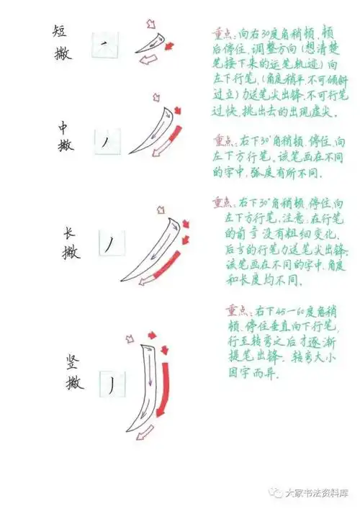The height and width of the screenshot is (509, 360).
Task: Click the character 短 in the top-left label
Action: tap(61, 30)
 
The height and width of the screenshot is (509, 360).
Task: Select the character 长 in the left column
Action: tap(69, 233)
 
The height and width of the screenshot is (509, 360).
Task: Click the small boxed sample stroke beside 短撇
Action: tap(104, 47)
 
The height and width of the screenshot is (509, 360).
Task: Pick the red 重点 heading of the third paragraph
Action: tap(224, 203)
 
